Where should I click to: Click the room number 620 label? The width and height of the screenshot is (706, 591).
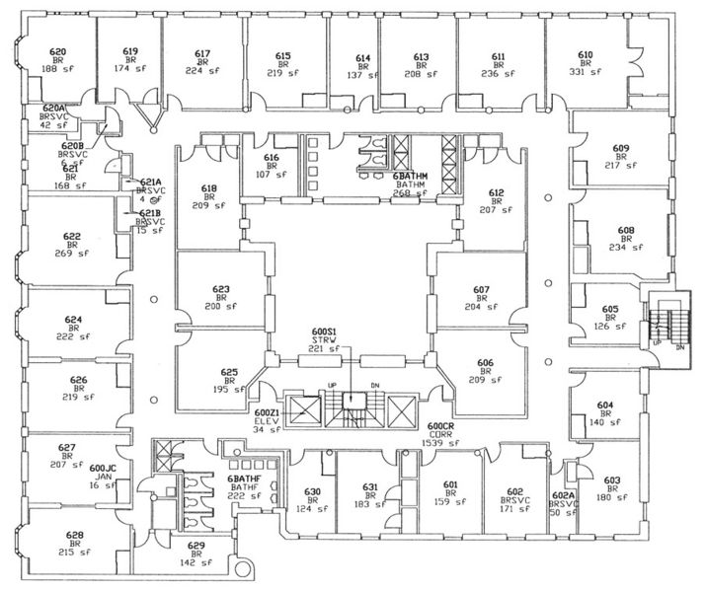click(x=58, y=51)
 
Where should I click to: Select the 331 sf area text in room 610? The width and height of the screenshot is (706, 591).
click(x=586, y=71)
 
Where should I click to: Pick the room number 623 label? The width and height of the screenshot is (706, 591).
click(x=221, y=290)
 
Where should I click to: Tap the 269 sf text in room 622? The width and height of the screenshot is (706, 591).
click(x=72, y=254)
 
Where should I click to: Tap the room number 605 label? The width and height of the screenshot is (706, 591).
click(x=610, y=308)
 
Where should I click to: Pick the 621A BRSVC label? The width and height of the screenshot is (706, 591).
click(x=150, y=183)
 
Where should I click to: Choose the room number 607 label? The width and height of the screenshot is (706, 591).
click(x=482, y=290)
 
